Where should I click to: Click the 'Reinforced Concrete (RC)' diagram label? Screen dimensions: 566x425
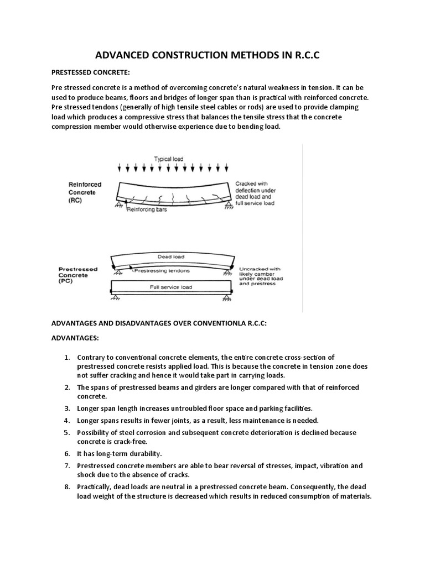click(x=82, y=192)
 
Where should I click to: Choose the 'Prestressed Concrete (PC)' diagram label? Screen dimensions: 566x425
click(x=78, y=276)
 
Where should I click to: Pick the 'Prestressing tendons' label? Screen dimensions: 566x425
click(x=162, y=270)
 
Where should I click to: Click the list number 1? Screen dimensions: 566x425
click(x=68, y=358)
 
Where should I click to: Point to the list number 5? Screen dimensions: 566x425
click(x=68, y=432)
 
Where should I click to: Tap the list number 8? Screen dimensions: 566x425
click(x=68, y=486)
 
